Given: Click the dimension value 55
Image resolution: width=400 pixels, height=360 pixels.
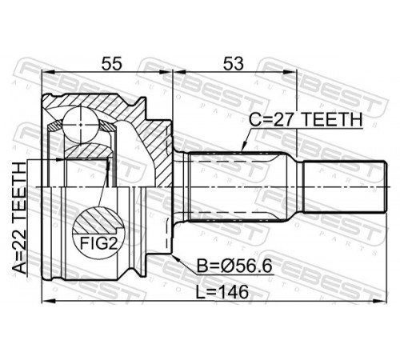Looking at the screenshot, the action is [112, 64].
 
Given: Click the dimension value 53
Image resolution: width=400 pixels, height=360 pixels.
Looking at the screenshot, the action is [234, 64].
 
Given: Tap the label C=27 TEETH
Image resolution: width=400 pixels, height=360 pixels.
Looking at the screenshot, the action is [306, 120].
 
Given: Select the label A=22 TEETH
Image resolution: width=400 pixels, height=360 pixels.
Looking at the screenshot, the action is [20, 218].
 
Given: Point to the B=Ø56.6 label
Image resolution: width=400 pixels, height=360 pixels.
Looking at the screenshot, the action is [234, 266].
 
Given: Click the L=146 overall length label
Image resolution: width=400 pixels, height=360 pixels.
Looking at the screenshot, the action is [222, 292].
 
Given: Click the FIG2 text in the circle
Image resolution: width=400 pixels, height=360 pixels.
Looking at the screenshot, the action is [99, 243].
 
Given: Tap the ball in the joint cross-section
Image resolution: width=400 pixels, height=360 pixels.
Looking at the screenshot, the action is [80, 125].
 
